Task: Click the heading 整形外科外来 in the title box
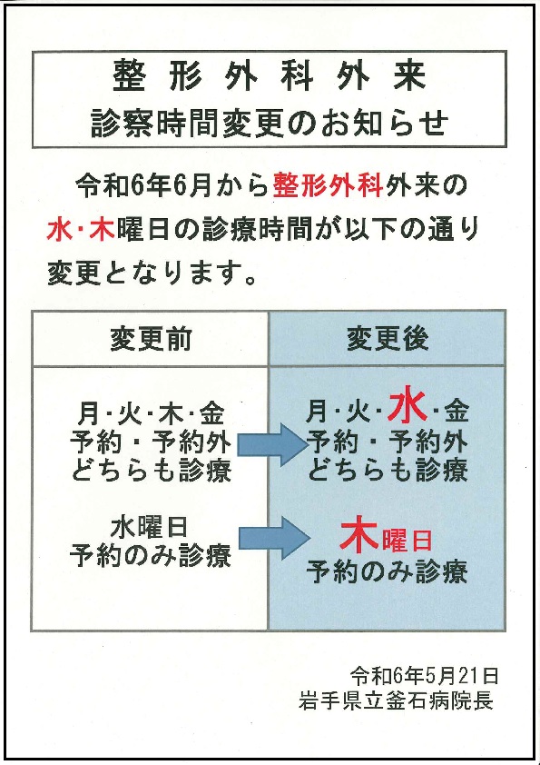tap(270, 76)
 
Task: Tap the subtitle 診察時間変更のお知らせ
tap(270, 123)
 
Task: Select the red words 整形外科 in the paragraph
tap(328, 185)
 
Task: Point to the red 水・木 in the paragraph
tap(81, 229)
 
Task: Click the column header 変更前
tap(151, 339)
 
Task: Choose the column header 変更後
tap(388, 339)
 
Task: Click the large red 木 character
tap(360, 536)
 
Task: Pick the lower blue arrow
tap(273, 538)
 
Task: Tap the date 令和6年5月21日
tap(425, 677)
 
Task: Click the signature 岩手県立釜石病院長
tap(396, 701)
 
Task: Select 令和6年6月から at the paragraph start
tap(172, 185)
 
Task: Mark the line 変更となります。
tap(152, 273)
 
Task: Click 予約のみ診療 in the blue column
tap(388, 571)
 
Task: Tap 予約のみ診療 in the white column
tap(151, 556)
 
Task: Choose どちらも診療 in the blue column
tap(388, 472)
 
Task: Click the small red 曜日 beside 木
tap(407, 540)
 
